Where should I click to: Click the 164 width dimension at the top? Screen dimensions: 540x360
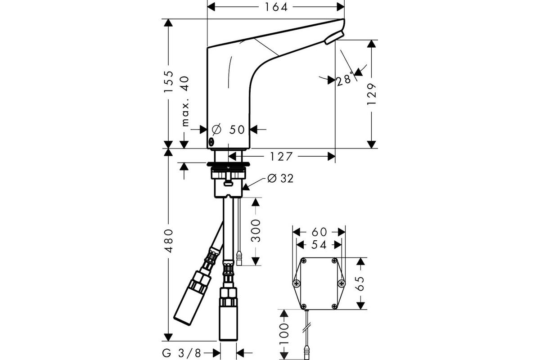276,7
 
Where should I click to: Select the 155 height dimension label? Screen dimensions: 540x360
168,81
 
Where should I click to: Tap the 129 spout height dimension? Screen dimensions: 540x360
372,94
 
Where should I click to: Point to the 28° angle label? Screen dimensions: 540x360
345,80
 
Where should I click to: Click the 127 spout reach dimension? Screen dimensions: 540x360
281,157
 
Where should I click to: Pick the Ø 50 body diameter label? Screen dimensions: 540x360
228,130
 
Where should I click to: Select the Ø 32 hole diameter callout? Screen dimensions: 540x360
281,179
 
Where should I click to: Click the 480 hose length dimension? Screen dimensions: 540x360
168,241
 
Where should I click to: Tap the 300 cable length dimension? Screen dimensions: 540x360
256,230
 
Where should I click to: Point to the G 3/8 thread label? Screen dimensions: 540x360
182,353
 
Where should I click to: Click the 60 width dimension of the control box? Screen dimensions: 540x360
319,232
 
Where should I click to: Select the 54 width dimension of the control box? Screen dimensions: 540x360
319,245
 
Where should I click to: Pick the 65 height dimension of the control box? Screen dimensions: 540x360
360,283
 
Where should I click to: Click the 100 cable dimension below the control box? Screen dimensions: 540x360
284,334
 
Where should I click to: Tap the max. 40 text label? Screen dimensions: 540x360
185,101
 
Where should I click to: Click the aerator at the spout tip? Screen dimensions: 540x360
334,37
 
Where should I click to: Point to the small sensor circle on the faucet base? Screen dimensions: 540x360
211,142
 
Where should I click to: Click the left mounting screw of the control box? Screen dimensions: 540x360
296,283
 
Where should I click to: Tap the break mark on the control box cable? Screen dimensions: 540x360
306,328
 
